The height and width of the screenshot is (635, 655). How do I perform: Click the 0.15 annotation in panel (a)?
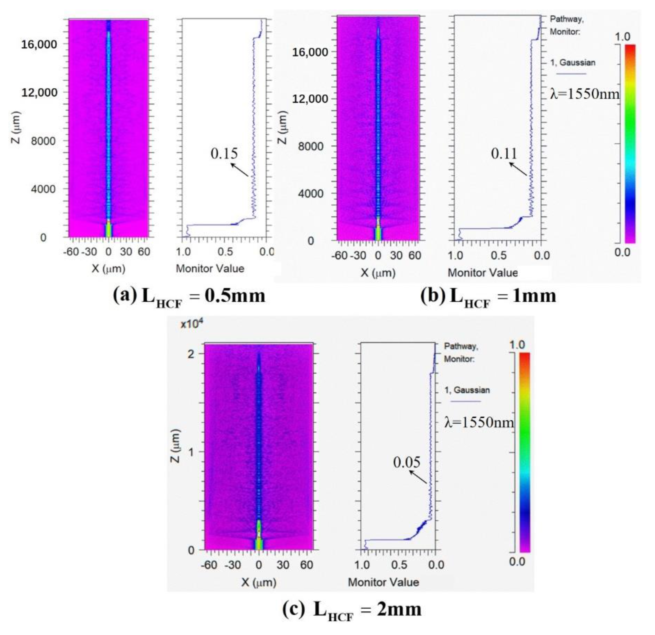tap(224, 153)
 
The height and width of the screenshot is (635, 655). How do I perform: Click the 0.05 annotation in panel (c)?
tap(406, 462)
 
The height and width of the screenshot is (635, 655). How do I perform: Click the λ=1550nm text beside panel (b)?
tap(584, 94)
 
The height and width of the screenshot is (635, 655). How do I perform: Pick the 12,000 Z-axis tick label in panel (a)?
tap(39, 93)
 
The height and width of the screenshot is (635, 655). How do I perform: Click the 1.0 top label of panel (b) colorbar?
tap(622, 37)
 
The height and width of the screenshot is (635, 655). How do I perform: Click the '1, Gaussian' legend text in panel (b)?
tap(572, 62)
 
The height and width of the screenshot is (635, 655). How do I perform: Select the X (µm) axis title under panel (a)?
tap(108, 269)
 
